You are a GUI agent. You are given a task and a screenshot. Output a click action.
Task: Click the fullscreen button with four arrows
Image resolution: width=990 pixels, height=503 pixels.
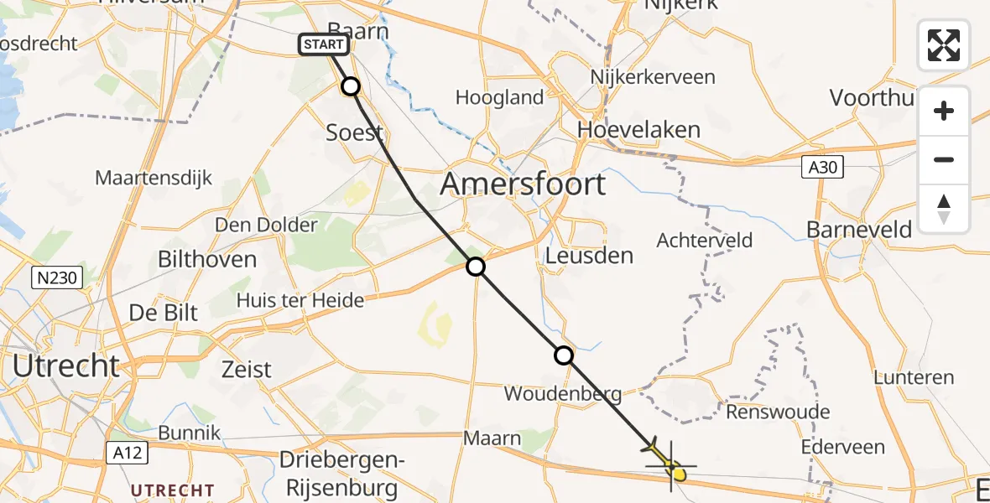944,45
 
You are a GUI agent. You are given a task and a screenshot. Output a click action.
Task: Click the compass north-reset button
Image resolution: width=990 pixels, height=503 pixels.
944,209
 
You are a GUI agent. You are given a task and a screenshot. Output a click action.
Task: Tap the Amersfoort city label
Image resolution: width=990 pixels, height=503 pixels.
523,183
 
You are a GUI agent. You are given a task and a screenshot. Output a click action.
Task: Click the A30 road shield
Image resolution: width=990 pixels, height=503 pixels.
821,168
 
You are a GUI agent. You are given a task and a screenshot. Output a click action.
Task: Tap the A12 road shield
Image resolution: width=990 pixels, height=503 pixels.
128,453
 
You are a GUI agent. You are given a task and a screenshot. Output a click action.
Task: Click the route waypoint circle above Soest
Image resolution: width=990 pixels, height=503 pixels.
351,86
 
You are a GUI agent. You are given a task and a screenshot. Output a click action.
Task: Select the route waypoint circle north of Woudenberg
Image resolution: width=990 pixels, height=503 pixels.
565,355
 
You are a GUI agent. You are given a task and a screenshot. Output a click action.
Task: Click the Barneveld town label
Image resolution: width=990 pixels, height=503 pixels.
861,229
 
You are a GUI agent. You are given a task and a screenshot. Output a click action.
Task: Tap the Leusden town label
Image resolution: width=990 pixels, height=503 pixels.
589,256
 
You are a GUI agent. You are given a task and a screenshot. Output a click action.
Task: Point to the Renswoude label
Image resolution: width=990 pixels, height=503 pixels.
778,412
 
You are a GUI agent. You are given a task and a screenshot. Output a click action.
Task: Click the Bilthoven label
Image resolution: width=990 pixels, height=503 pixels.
207,259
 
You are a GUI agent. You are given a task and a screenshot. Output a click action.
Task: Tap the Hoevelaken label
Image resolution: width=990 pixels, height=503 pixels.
639,130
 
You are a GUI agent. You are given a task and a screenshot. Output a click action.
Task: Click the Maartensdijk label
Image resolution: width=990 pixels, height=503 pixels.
154,178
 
